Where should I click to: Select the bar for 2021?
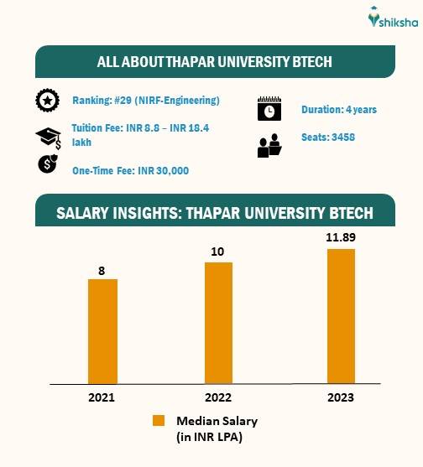coord(102,331)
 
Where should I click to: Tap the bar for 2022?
coord(218,323)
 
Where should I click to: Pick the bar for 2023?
coord(342,316)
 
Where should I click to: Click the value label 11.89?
coord(341,239)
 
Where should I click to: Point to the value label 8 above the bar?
coord(103,270)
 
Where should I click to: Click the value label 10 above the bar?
coord(218,252)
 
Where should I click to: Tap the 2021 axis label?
coord(102,397)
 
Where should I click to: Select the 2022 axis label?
coord(218,397)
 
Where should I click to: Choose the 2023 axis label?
coord(341,397)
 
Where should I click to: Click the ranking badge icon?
coord(47,101)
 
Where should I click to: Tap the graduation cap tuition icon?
coord(47,137)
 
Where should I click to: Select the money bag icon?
coord(47,163)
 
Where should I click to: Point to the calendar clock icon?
coord(269,110)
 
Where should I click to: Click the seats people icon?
coord(269,146)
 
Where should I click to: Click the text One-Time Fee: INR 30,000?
coord(130,171)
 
